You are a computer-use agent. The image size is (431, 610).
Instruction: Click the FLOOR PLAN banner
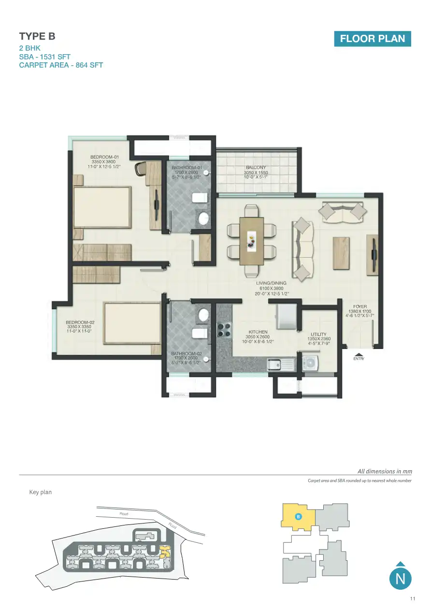coord(372,39)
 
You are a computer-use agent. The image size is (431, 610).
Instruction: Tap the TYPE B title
coord(37,36)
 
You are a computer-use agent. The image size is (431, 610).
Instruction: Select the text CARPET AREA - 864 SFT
coord(61,65)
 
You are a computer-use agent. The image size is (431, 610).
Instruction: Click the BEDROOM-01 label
coord(104,157)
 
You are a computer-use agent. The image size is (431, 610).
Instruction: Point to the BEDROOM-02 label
coord(80,322)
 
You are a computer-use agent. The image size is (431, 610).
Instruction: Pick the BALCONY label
coord(256,168)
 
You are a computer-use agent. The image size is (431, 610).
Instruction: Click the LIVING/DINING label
coord(271,283)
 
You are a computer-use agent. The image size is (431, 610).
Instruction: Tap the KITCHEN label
coord(258,332)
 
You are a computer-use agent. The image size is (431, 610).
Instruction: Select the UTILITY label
coord(318,334)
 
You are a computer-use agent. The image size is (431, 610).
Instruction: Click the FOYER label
coord(360,306)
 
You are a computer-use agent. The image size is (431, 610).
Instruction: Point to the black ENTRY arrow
coord(358,354)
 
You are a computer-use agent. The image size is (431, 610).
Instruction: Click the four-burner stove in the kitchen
coord(224,329)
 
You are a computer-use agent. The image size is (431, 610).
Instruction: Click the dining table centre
coord(252,240)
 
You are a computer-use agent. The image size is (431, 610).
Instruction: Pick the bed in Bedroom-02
coord(131,323)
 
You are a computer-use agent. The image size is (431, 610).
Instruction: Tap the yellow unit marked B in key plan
coord(299,517)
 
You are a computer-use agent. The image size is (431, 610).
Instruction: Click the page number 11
coord(413,599)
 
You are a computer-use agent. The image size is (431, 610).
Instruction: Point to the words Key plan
coord(41,492)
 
